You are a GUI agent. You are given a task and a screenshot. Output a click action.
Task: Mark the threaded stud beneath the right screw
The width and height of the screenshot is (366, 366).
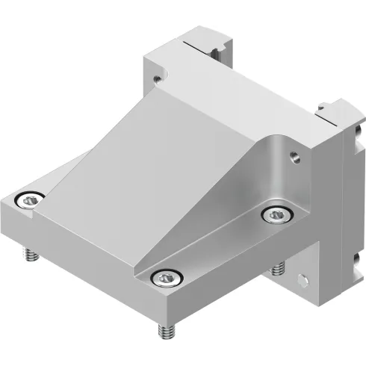(x=279, y=266)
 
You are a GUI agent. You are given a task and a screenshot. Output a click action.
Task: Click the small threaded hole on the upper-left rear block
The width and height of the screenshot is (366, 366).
(x=157, y=75)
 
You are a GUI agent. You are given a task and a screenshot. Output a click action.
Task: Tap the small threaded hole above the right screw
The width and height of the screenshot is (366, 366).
(x=293, y=157)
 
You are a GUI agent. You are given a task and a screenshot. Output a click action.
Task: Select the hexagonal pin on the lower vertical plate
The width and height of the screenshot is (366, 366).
(x=302, y=280)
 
